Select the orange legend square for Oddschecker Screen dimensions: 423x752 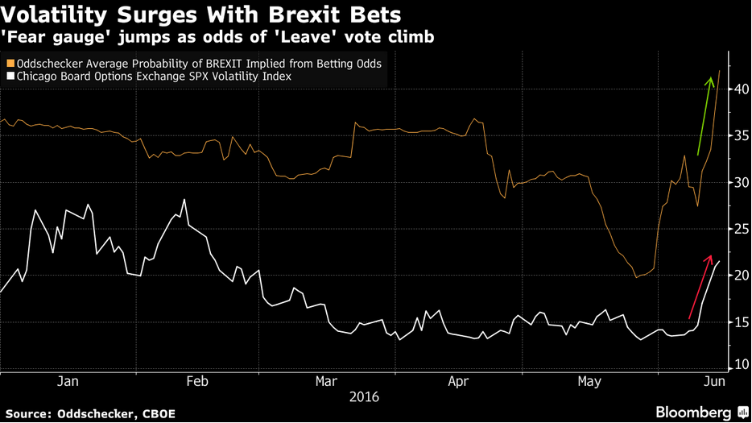click(9, 63)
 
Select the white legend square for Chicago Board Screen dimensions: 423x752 click(9, 77)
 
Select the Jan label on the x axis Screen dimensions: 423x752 click(67, 381)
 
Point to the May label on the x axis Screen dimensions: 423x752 click(590, 381)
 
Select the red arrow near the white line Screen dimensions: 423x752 click(700, 287)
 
